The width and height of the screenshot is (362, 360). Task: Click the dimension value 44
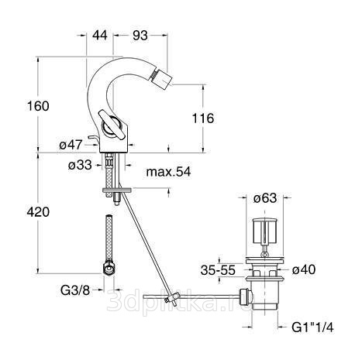[x=100, y=35]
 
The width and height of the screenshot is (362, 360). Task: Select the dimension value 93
[x=140, y=36]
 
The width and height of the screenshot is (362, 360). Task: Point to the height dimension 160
[x=38, y=106]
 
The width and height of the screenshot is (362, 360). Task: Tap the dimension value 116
[x=203, y=118]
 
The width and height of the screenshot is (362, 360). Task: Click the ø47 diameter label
[x=71, y=145]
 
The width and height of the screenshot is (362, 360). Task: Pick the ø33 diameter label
[x=80, y=165]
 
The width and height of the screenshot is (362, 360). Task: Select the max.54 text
[x=168, y=172]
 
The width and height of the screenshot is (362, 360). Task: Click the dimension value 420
[x=38, y=212]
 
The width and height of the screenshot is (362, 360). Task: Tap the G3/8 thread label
[x=75, y=290]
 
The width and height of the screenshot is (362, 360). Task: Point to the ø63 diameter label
[x=265, y=198]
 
